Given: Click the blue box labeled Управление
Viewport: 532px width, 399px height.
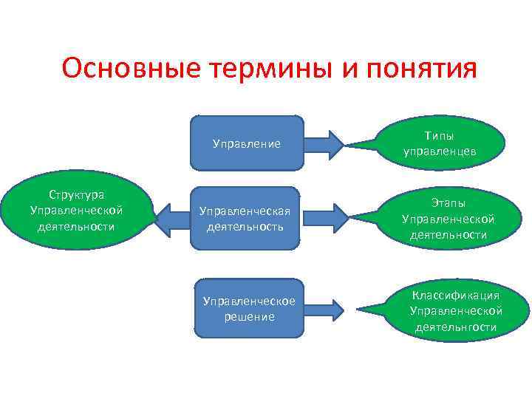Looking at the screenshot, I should pos(247,143).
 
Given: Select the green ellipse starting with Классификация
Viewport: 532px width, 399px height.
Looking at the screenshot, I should pos(455,310).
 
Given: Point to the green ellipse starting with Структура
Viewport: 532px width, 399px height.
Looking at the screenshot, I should pos(76,210).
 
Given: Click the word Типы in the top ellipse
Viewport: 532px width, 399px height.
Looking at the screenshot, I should pos(439,136).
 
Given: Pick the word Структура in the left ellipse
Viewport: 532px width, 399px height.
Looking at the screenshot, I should pos(76,194).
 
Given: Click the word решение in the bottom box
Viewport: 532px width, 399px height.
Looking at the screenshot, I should pos(249,316).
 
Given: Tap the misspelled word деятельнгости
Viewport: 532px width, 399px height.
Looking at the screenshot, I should pos(455,327).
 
